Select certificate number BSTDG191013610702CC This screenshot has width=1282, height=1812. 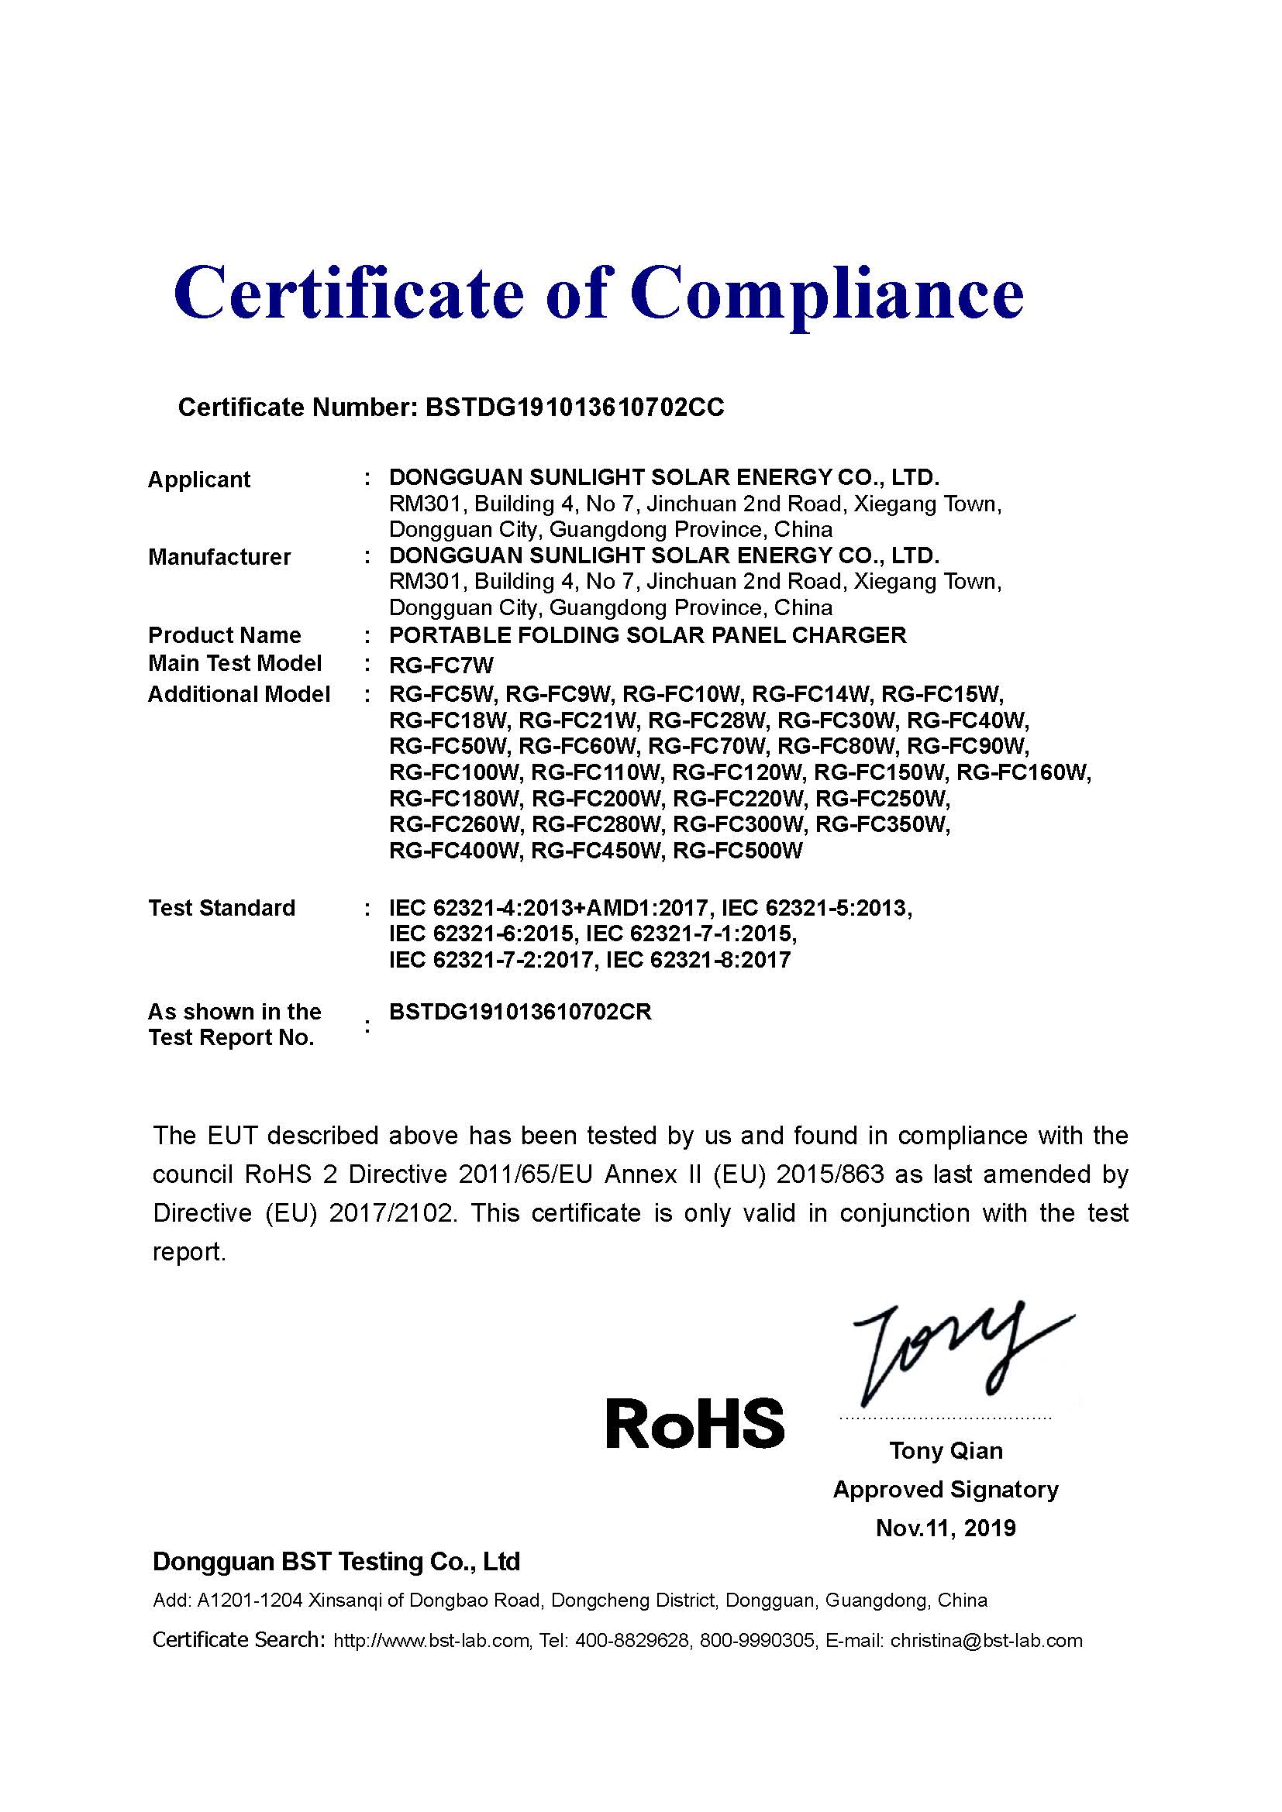[574, 407]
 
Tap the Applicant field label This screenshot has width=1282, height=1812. [199, 479]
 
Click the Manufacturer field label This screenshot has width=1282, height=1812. [219, 556]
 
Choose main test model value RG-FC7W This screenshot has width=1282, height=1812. [441, 665]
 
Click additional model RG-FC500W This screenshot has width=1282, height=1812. [737, 851]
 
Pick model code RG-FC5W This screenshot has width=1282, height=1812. [441, 694]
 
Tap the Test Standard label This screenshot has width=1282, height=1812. [222, 908]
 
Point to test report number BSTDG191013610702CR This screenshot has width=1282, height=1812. [520, 1012]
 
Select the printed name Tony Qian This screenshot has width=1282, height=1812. [946, 1450]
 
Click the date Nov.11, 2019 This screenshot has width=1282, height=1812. [946, 1528]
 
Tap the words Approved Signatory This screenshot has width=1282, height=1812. [946, 1489]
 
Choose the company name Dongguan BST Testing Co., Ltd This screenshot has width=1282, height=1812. [336, 1561]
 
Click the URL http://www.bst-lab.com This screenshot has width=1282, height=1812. [431, 1642]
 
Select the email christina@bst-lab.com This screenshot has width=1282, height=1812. [986, 1642]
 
